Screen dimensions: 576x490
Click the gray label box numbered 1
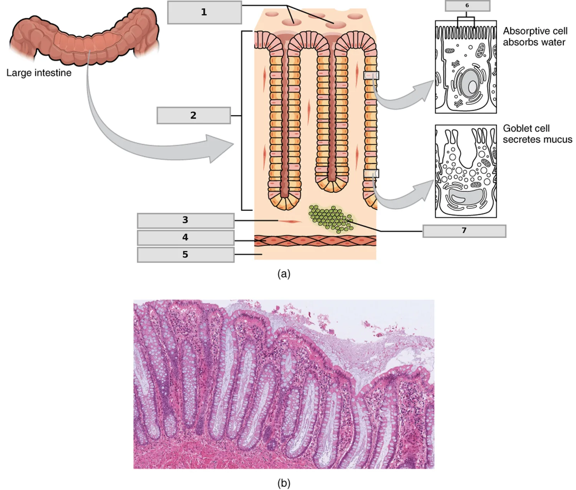click(x=204, y=12)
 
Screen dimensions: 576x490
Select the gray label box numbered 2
click(x=194, y=115)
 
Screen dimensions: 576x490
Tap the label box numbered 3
click(x=185, y=220)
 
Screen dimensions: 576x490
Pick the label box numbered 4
click(x=185, y=237)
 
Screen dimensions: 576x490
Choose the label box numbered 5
click(x=185, y=255)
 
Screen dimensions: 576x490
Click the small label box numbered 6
click(x=467, y=6)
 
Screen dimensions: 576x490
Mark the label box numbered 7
click(x=464, y=231)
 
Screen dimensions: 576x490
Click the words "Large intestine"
click(x=39, y=73)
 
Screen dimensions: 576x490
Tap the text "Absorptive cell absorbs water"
click(x=535, y=36)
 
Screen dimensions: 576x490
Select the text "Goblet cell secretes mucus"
click(x=537, y=134)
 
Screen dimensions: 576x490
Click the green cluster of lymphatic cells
click(x=332, y=219)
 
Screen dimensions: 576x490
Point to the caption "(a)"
click(x=284, y=274)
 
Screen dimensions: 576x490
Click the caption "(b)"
click(x=284, y=482)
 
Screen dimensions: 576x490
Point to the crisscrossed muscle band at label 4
click(x=315, y=241)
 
